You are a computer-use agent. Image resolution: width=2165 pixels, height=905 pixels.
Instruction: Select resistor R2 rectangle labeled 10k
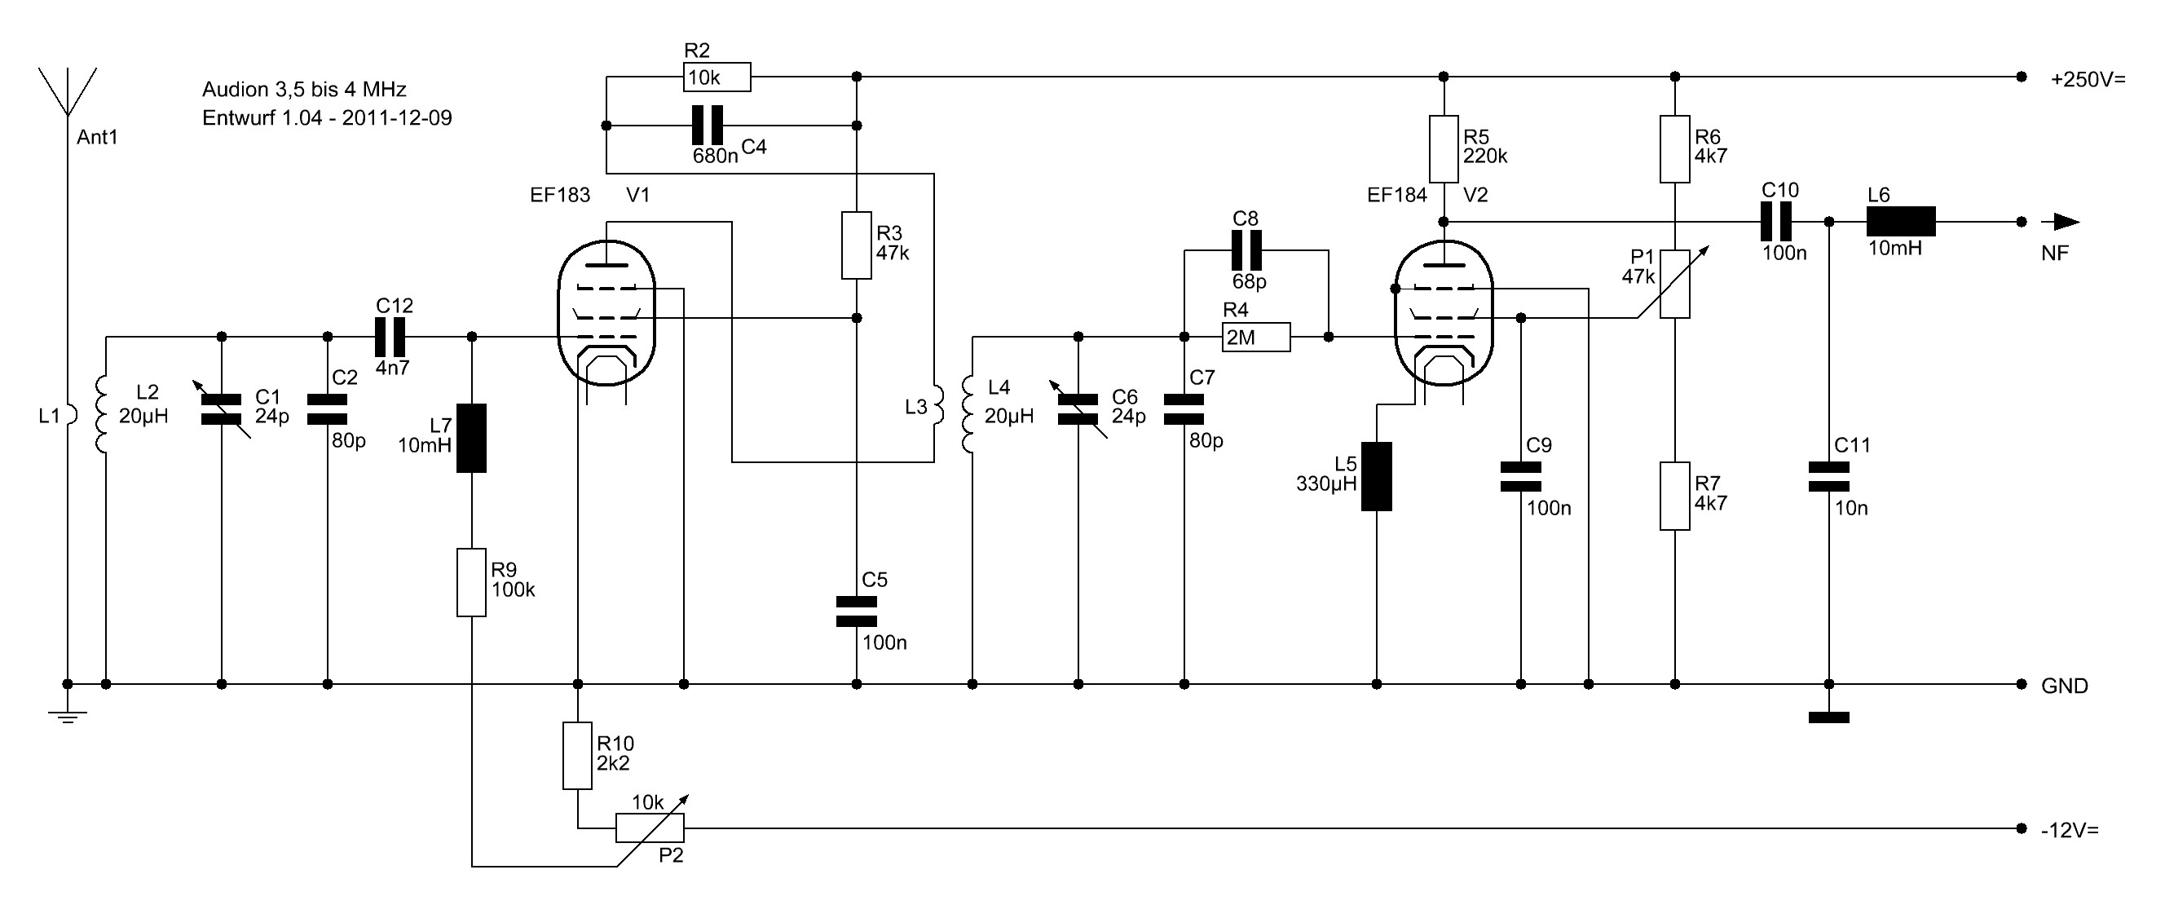point(716,77)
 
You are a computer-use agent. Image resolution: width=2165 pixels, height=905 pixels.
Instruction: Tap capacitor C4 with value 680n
point(707,126)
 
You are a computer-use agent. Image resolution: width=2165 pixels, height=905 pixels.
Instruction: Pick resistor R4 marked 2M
point(1255,337)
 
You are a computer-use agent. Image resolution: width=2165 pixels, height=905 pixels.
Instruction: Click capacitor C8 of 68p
point(1246,249)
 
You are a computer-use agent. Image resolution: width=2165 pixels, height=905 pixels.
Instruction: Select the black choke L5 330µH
point(1376,476)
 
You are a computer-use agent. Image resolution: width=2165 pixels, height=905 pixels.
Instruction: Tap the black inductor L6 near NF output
point(1900,222)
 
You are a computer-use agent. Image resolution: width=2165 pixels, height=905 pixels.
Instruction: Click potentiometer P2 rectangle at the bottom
point(650,828)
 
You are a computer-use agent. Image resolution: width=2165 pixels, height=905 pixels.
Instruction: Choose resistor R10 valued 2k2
point(577,756)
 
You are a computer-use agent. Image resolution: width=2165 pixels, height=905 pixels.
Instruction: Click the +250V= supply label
point(2088,80)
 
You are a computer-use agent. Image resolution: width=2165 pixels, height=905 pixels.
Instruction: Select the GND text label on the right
point(2064,686)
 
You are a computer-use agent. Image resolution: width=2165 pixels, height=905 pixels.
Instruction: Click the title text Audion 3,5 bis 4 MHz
point(304,89)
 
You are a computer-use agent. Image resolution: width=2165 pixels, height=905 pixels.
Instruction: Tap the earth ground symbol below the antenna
point(67,716)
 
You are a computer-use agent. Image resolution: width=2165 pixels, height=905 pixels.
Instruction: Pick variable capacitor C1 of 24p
point(222,409)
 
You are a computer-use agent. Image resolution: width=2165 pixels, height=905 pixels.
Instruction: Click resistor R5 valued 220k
point(1443,149)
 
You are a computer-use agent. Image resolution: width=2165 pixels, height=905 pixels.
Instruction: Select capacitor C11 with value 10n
point(1829,476)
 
